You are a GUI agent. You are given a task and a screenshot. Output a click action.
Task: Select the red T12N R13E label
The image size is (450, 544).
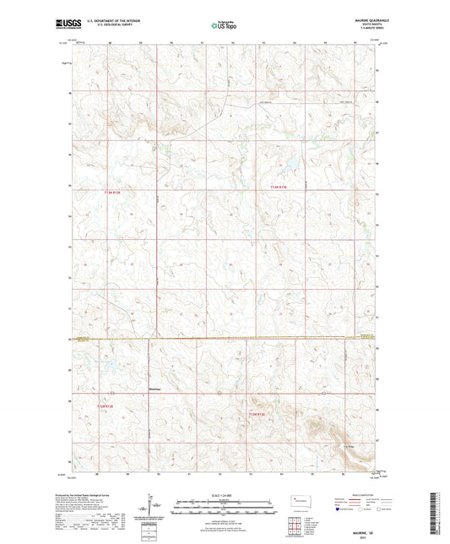click(x=257, y=414)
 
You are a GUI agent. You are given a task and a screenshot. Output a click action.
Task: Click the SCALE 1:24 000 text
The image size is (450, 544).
click(x=224, y=495)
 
